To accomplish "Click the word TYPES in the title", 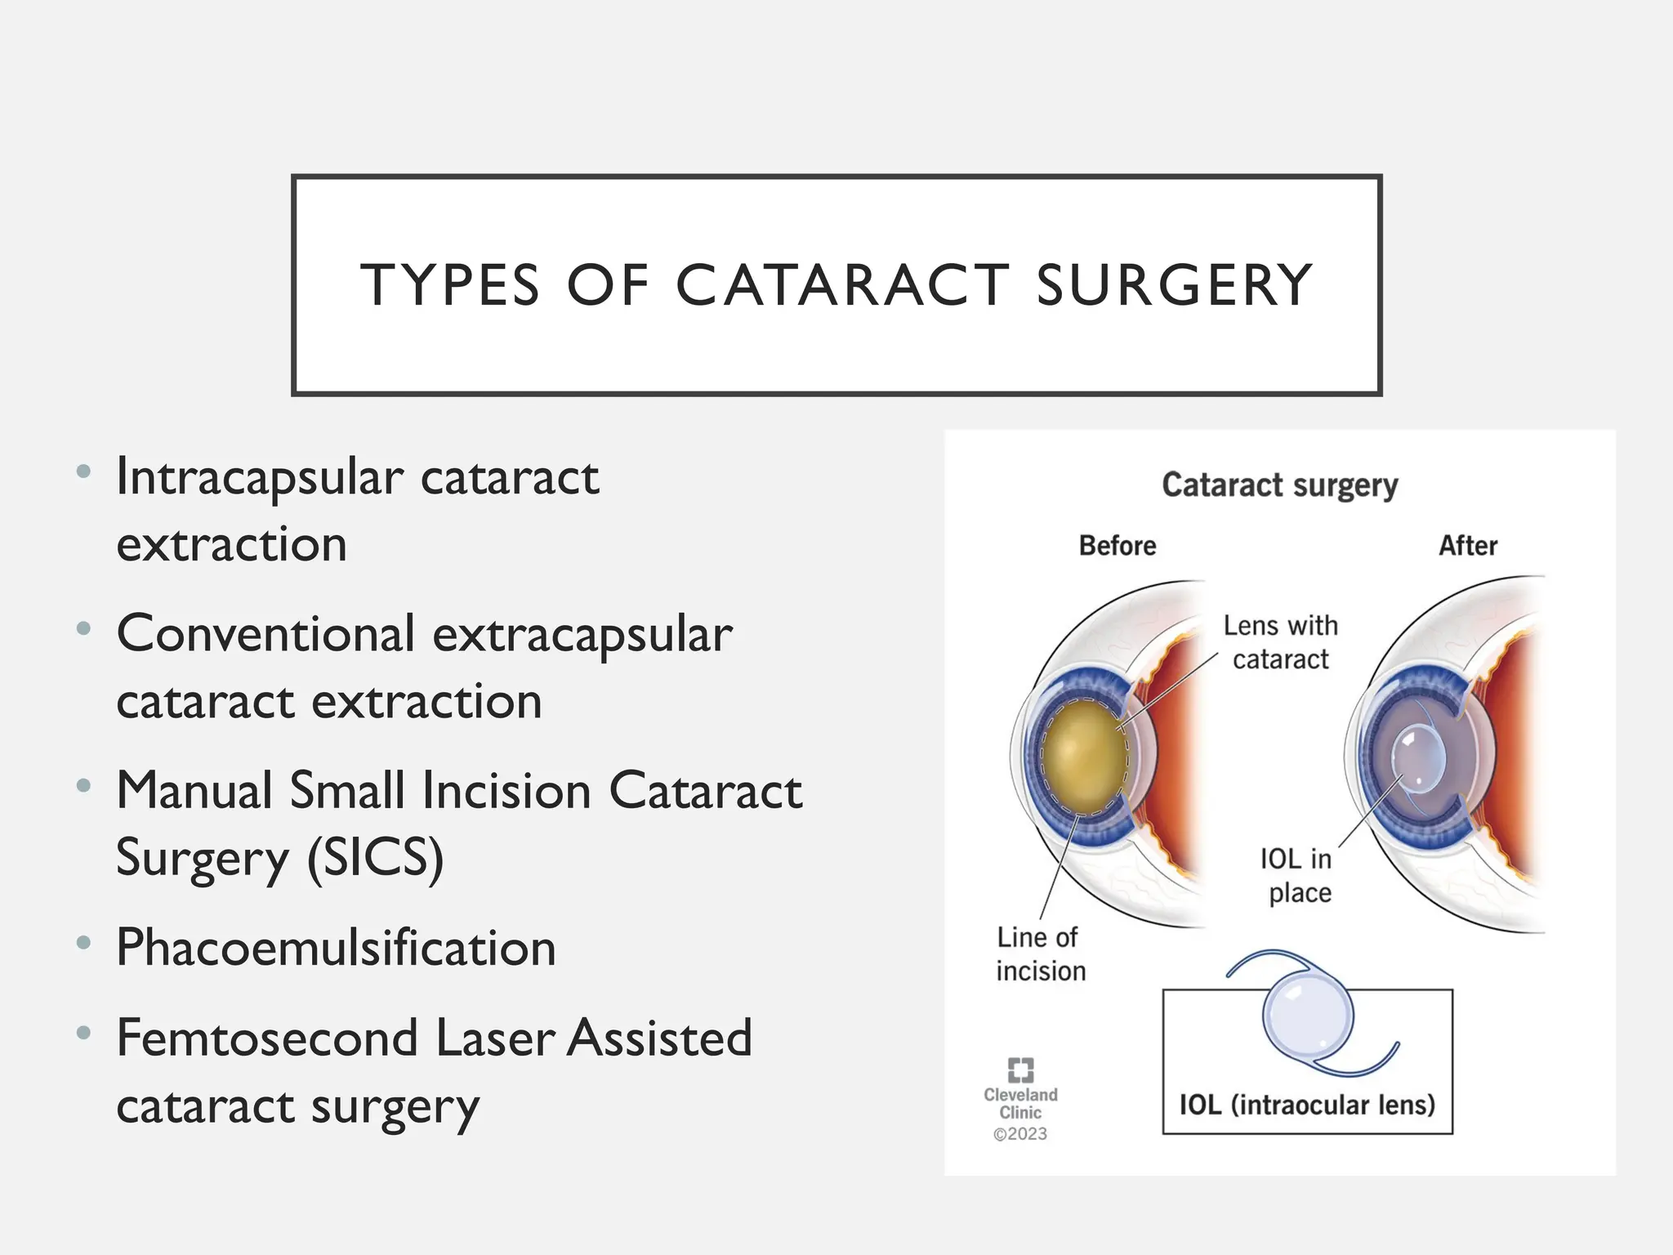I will coord(450,285).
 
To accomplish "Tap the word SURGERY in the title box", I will coord(1174,285).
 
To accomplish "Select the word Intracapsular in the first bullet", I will coord(260,478).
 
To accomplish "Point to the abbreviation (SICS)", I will coord(376,858).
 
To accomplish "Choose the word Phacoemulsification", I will coord(336,948).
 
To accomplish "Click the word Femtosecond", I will coord(266,1038).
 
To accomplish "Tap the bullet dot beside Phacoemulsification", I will coord(83,943).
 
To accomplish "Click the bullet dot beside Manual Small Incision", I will coord(83,786).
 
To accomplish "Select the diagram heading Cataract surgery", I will coord(1279,485).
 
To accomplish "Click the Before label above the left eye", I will coord(1117,546).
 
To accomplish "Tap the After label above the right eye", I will coord(1467,546).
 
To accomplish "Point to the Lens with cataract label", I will coord(1280,642).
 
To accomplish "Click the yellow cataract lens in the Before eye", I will coord(1083,757).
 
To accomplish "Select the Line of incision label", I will coord(1040,954).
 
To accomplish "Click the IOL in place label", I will coord(1296,875).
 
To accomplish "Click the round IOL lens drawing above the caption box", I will coord(1308,1016).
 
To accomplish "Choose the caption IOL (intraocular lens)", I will coord(1307,1105).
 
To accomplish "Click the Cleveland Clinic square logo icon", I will coord(1020,1070).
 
